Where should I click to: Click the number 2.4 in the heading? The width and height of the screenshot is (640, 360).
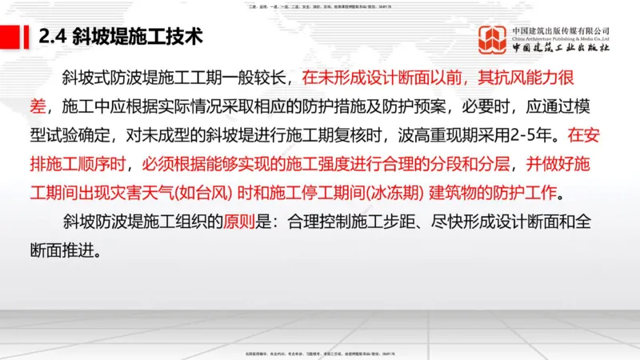pyautogui.click(x=53, y=37)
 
